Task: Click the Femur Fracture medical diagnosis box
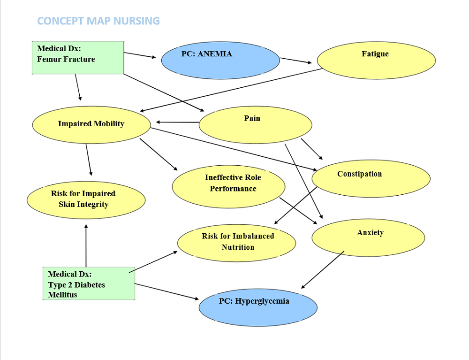(78, 58)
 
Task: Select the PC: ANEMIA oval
(220, 61)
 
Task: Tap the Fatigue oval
(376, 61)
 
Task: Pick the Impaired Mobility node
(91, 125)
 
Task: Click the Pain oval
(256, 125)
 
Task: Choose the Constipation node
(371, 178)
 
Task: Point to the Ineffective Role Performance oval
(228, 186)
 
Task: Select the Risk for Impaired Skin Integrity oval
(86, 200)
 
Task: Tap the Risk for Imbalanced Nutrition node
(236, 243)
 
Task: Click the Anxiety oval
(368, 237)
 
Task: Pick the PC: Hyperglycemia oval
(258, 307)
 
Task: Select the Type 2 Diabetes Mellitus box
(89, 283)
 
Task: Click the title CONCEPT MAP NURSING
(98, 21)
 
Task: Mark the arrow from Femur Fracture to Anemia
(140, 55)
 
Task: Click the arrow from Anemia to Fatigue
(295, 61)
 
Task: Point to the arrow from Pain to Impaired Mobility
(177, 122)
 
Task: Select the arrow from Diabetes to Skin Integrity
(86, 245)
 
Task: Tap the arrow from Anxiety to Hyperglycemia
(323, 270)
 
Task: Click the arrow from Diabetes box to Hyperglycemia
(166, 291)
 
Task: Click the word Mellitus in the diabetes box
(62, 295)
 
